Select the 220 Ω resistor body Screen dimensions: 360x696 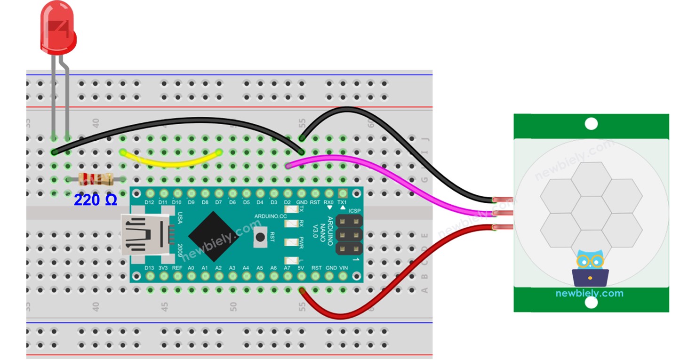tap(96, 179)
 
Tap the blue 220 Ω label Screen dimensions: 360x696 tap(95, 200)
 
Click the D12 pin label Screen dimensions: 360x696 tap(150, 202)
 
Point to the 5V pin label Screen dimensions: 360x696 tap(301, 268)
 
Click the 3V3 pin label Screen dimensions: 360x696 tap(163, 268)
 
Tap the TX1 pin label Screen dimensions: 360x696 tap(343, 202)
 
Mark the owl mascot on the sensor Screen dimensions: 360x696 tap(590, 268)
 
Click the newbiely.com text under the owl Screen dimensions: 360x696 tap(589, 294)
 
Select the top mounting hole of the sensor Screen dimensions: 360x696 tap(591, 124)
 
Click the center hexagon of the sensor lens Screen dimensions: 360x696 tap(591, 213)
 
